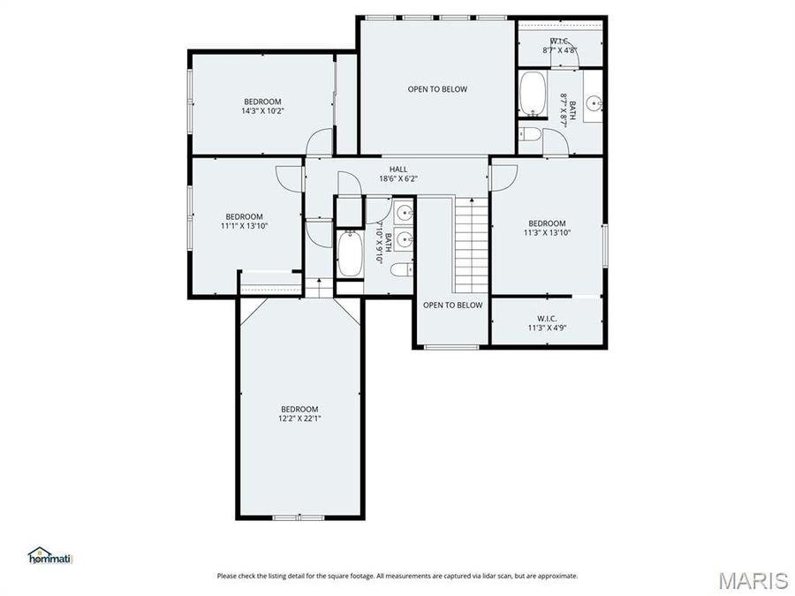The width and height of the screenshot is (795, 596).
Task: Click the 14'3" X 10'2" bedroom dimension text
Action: pos(262,111)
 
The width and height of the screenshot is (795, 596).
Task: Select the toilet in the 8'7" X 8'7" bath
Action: pos(529,135)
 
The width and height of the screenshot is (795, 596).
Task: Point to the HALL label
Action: pos(398,169)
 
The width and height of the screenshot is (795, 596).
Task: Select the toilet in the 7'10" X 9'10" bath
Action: pos(401,269)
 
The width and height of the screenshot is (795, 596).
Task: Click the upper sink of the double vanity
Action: pos(404,213)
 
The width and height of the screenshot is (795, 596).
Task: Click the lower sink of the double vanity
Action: pos(404,239)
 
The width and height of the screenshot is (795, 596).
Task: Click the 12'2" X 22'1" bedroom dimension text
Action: pos(299,419)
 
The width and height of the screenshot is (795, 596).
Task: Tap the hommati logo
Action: pos(49,555)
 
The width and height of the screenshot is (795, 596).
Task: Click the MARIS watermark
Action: pos(753,580)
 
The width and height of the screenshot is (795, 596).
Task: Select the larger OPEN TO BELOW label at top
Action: pos(437,89)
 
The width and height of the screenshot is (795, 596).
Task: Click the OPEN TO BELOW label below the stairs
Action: pos(452,306)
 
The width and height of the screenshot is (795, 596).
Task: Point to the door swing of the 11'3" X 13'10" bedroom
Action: pos(503,177)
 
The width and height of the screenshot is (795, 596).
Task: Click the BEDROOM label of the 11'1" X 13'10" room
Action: pos(244,216)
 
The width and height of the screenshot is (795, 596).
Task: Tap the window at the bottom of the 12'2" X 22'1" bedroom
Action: pos(299,517)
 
